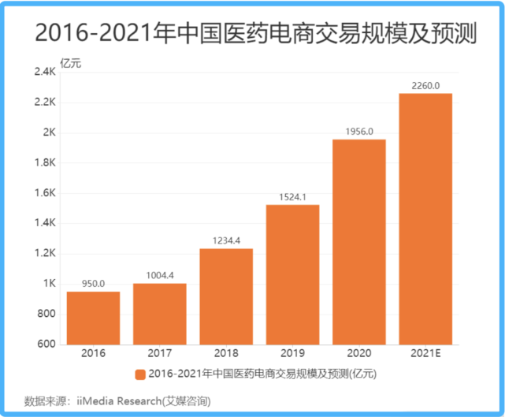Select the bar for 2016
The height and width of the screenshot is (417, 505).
[x=93, y=318]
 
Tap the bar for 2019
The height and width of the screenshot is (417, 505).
[x=292, y=274]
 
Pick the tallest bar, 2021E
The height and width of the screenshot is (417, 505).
[x=425, y=218]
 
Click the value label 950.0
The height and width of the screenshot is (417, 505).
[x=93, y=283]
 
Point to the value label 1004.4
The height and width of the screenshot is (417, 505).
[x=159, y=275]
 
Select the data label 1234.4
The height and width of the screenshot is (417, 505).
[x=226, y=240]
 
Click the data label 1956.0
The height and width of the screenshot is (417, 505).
[x=358, y=131]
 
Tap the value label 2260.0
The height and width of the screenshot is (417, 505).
[x=425, y=85]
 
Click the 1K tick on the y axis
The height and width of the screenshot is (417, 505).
[x=48, y=284]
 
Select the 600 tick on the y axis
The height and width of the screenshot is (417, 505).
[x=46, y=344]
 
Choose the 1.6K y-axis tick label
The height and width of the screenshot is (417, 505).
[x=44, y=193]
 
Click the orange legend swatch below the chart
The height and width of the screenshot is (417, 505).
[x=139, y=374]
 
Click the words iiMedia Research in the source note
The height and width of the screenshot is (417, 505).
[x=118, y=401]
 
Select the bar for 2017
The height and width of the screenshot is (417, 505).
[x=159, y=314]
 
